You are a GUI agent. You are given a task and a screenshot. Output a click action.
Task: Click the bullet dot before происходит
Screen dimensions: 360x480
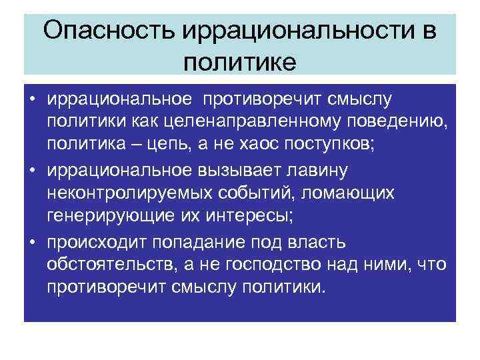31,241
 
